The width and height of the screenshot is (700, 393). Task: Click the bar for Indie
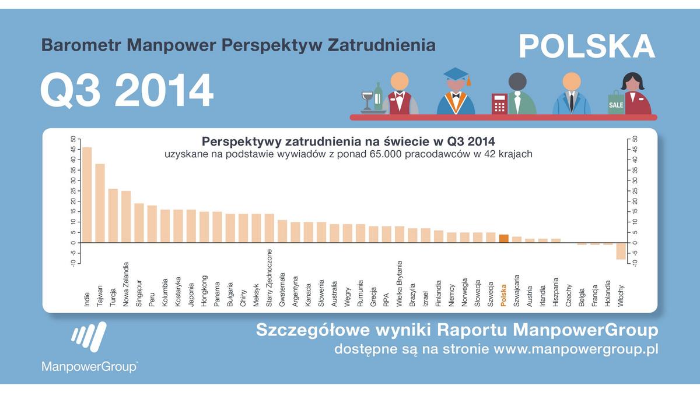tap(87, 194)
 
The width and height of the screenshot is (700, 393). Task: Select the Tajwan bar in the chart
tap(100, 203)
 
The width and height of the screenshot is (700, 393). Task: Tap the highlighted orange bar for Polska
tap(504, 238)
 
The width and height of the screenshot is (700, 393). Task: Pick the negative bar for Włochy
tap(621, 251)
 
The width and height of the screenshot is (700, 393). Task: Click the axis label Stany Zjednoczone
tap(269, 278)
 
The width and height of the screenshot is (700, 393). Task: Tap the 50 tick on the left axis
tap(73, 139)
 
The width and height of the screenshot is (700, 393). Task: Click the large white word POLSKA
tap(587, 46)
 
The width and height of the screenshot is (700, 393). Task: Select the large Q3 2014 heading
tap(127, 91)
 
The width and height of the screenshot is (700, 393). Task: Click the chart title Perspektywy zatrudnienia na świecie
tap(348, 141)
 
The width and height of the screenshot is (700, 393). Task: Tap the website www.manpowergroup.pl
tap(576, 350)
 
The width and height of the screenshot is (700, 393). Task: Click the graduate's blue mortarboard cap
tap(456, 75)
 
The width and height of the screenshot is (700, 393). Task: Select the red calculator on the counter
tap(499, 104)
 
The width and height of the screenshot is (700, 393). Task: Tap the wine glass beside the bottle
tap(366, 100)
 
